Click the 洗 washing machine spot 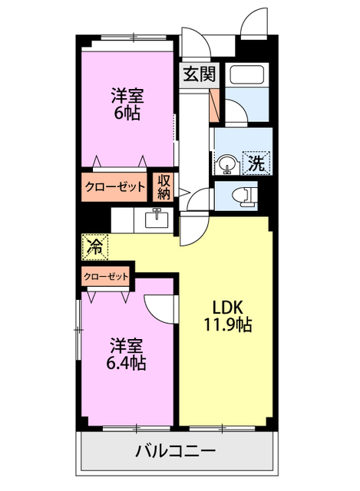click(256, 162)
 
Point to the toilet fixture click(244, 196)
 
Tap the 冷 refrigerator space click(95, 246)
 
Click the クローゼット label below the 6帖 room click(114, 186)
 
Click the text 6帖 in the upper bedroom click(127, 114)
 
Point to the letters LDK click(227, 307)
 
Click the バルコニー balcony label click(177, 450)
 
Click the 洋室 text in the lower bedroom click(127, 344)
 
